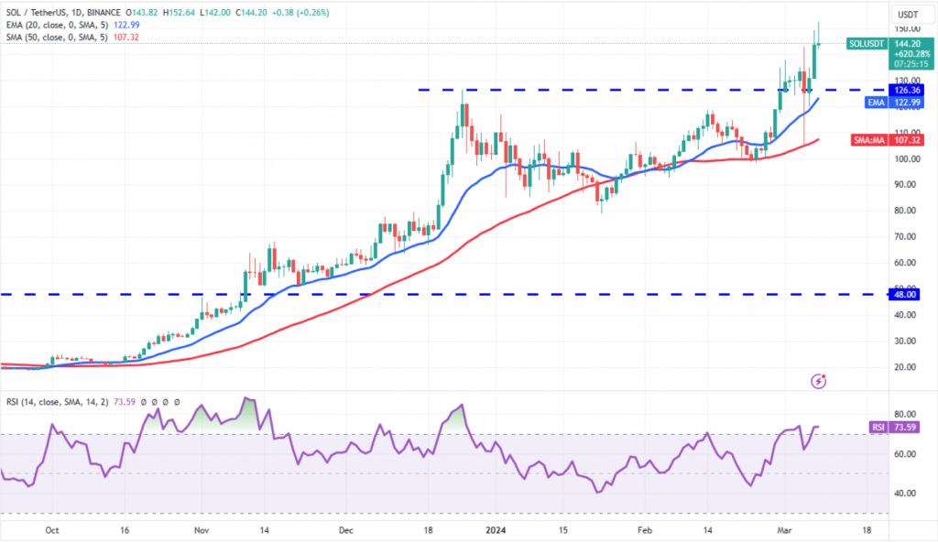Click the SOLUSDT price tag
(x=866, y=43)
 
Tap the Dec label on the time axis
(x=345, y=530)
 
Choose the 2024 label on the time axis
(x=496, y=530)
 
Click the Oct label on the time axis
(x=52, y=530)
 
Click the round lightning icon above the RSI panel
(x=819, y=379)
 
